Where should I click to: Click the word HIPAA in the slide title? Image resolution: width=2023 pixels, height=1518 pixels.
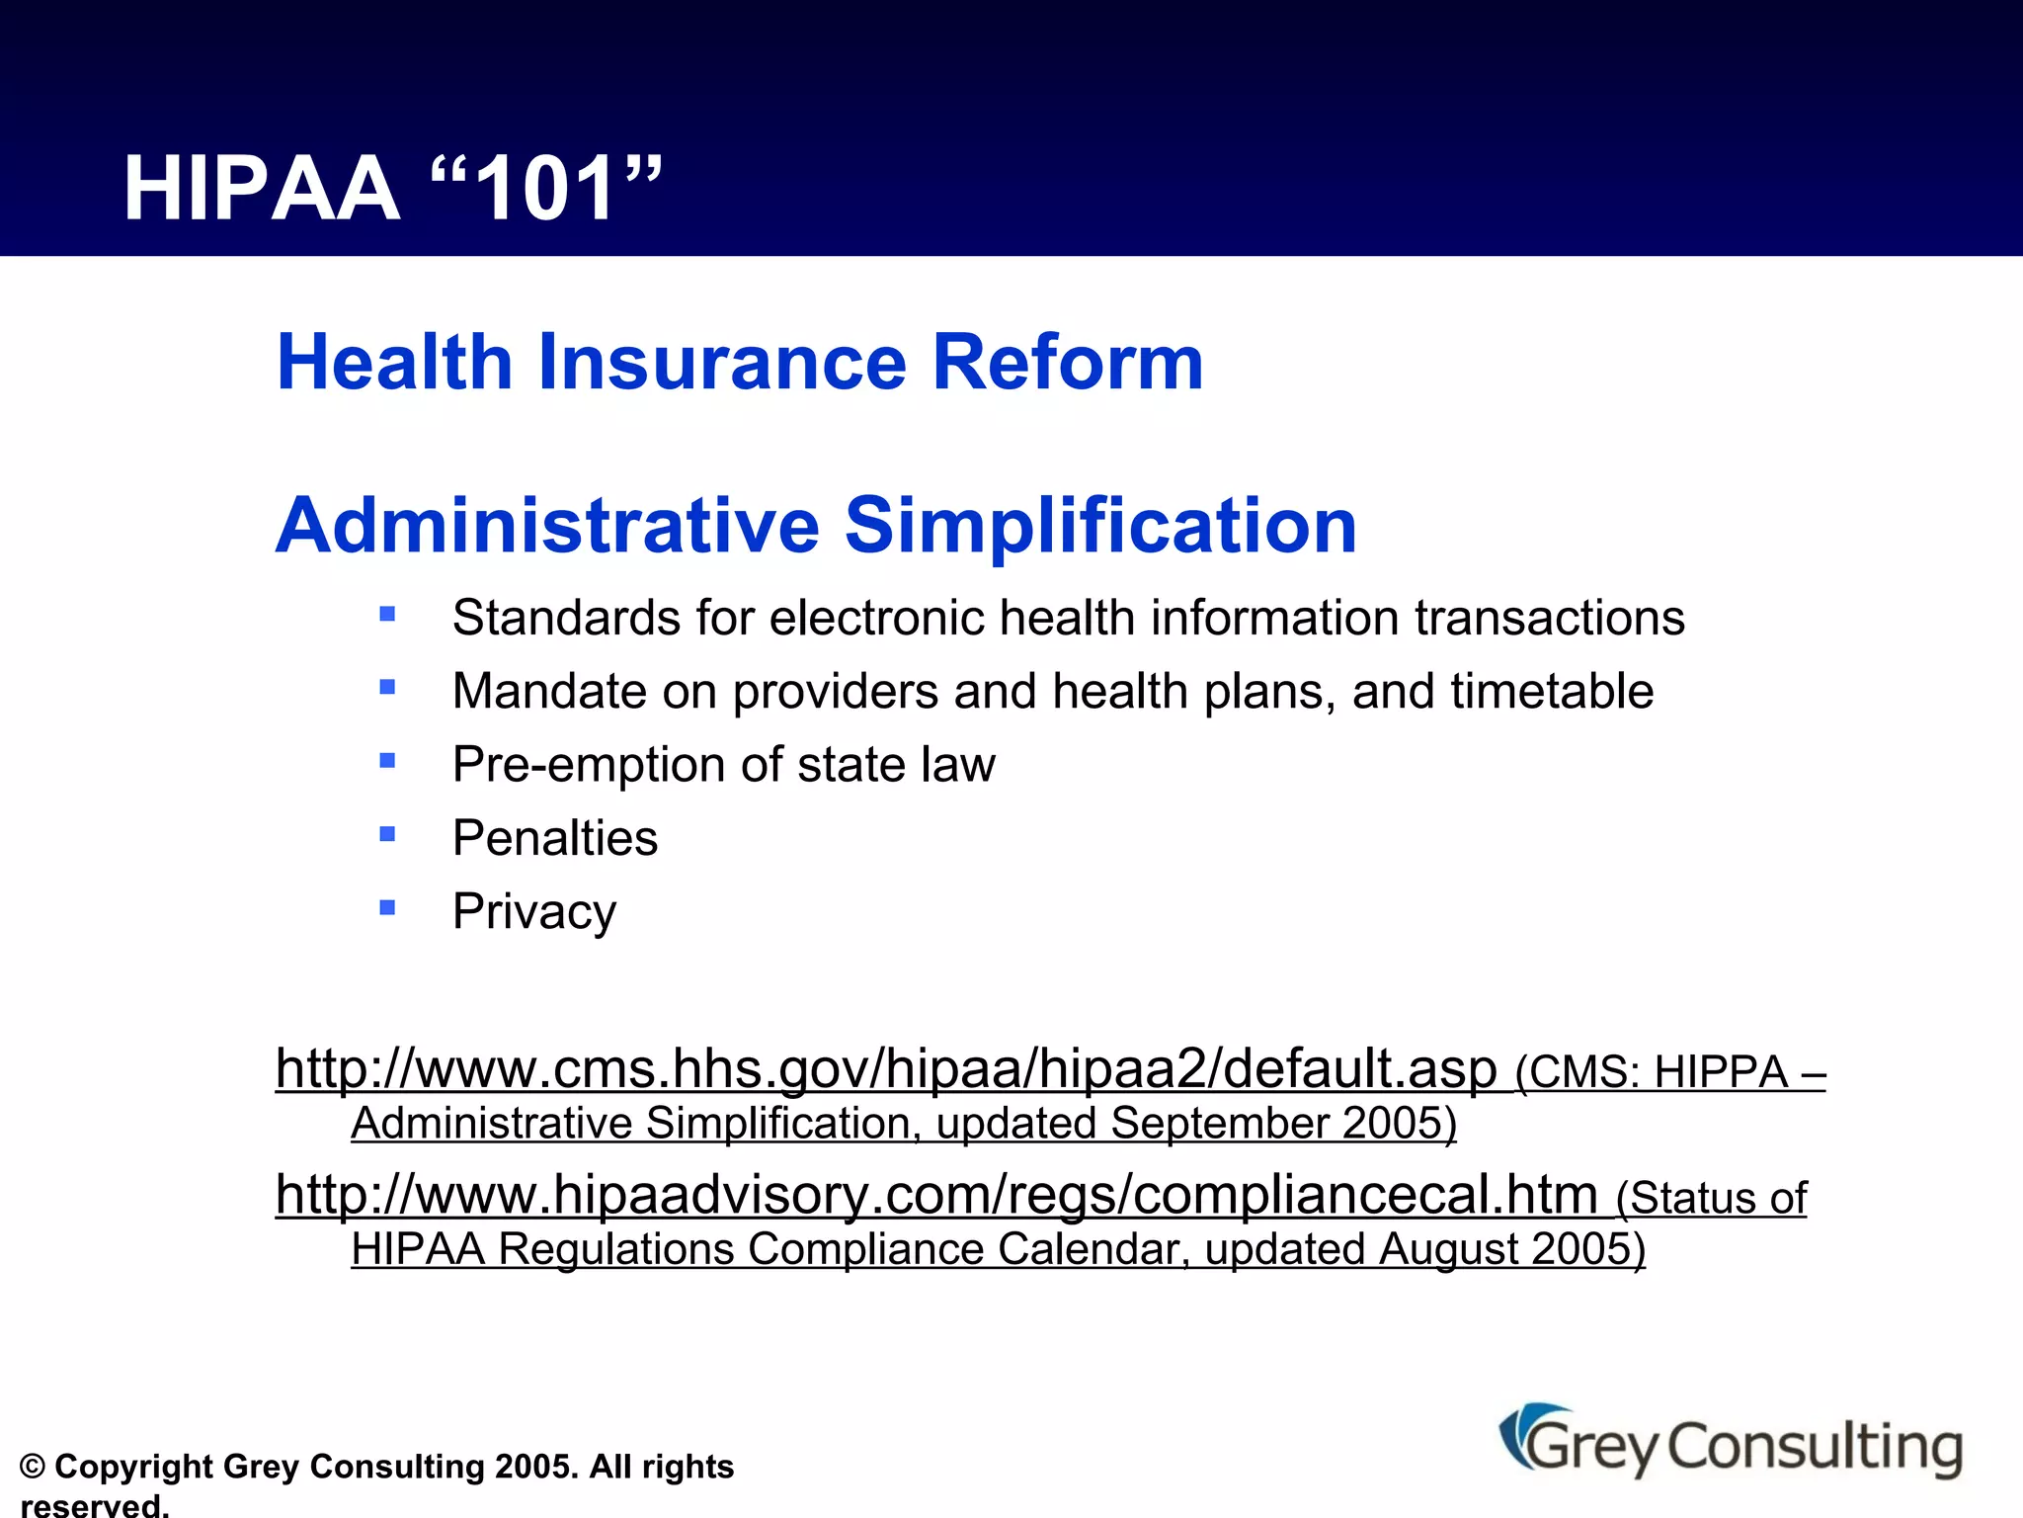point(261,190)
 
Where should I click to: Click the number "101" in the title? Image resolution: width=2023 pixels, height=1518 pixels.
point(546,190)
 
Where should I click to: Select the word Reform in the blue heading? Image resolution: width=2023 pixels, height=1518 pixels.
point(1067,363)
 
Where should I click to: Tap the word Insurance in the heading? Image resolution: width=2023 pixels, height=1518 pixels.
point(721,363)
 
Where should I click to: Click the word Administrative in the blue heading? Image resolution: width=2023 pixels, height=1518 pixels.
point(547,526)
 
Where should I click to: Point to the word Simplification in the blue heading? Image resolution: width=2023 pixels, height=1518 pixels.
point(1100,526)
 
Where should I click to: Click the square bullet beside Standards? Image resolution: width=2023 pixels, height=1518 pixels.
point(387,615)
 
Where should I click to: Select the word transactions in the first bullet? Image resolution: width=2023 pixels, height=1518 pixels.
point(1549,619)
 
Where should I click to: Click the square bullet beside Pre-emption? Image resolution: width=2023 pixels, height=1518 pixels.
point(387,761)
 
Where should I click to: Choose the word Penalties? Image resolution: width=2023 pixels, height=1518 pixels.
point(555,839)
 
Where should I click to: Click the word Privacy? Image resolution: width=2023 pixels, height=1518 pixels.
point(534,912)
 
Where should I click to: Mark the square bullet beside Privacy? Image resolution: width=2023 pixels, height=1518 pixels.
point(387,907)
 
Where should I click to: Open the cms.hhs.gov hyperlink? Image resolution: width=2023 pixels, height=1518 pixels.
point(885,1069)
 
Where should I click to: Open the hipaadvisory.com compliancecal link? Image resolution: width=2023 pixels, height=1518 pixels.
point(935,1195)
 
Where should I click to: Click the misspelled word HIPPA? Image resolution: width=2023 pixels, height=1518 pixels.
point(1721,1073)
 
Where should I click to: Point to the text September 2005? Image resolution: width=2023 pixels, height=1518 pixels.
point(1281,1125)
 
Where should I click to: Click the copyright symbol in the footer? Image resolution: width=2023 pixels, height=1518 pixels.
point(33,1468)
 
